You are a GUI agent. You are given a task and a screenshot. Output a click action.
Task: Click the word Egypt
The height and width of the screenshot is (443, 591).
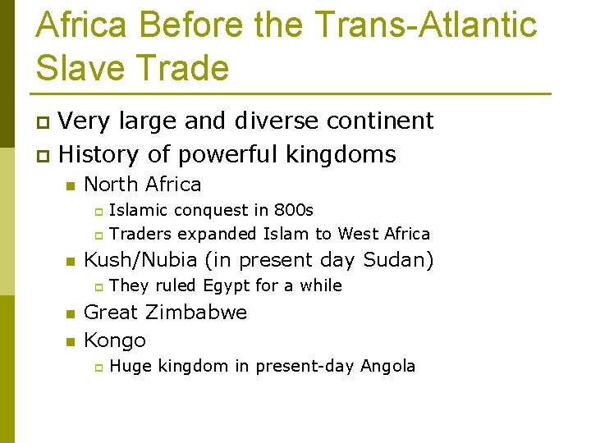pyautogui.click(x=227, y=286)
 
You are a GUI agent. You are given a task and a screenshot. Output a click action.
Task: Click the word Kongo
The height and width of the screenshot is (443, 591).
pyautogui.click(x=115, y=340)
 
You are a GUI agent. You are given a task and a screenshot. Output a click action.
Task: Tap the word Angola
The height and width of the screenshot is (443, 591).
pyautogui.click(x=387, y=366)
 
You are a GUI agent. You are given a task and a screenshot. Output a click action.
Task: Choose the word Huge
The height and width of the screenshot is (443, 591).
pyautogui.click(x=130, y=366)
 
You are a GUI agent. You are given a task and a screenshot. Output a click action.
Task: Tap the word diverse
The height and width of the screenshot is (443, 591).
pyautogui.click(x=277, y=121)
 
